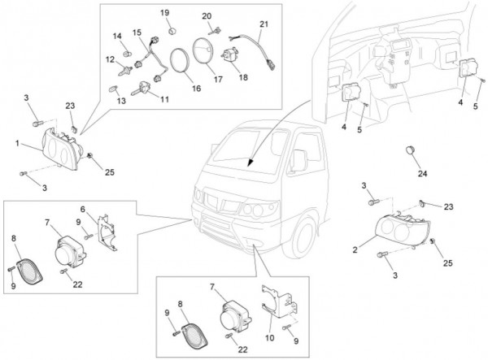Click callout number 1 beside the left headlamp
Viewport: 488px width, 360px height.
point(16,143)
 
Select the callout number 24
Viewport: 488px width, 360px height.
point(421,174)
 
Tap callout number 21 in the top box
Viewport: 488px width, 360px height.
point(263,24)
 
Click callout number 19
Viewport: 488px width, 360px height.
point(164,13)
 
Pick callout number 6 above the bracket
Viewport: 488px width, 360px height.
point(105,208)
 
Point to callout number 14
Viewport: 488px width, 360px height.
point(117,36)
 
